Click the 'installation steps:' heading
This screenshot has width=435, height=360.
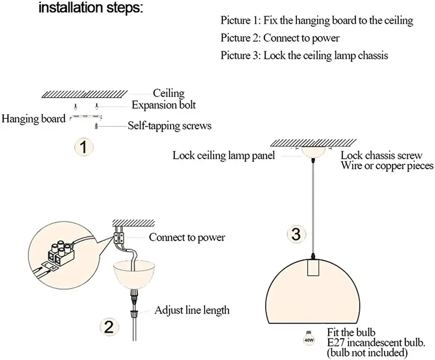click(90, 8)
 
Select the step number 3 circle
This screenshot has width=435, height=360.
click(295, 234)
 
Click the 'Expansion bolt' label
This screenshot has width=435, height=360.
click(163, 105)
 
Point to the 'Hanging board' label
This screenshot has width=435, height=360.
click(34, 119)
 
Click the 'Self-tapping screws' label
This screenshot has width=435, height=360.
click(169, 126)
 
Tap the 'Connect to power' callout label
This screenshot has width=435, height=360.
click(187, 237)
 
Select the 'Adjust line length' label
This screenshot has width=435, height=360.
click(192, 310)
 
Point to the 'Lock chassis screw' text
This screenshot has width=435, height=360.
click(381, 156)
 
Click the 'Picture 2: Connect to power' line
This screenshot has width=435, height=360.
click(280, 38)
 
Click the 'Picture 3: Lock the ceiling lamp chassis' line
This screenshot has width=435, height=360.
click(304, 56)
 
